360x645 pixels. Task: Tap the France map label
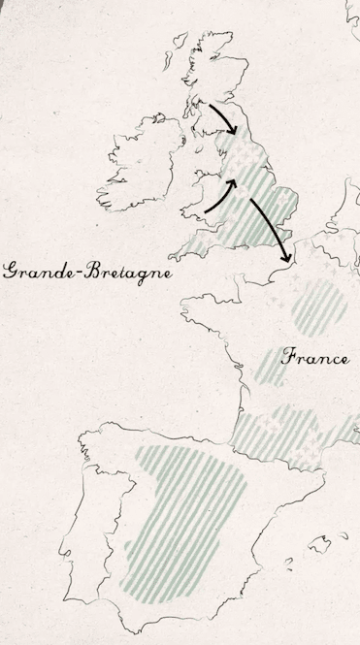(315, 357)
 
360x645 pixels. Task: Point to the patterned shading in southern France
(291, 427)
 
